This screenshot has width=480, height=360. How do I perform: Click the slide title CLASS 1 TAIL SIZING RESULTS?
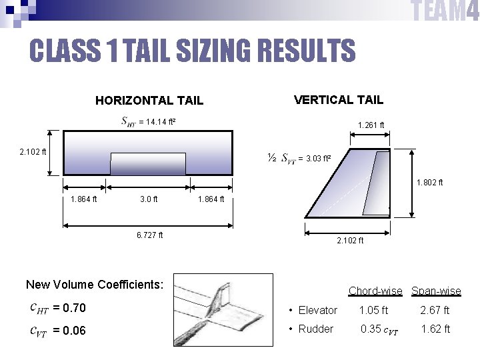[x=192, y=50]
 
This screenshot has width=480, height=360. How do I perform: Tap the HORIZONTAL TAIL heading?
[x=149, y=101]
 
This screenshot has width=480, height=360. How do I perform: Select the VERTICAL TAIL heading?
[x=339, y=100]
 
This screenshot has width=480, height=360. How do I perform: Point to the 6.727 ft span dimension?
[x=149, y=235]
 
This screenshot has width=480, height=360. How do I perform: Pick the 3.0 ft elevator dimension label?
[x=149, y=199]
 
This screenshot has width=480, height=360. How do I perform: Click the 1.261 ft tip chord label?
[x=371, y=125]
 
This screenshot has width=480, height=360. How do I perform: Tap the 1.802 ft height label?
[x=429, y=183]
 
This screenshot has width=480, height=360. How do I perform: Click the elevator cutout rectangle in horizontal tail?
[x=148, y=164]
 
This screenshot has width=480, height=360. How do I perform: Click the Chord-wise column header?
[x=375, y=291]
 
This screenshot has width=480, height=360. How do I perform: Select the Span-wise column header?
[x=436, y=291]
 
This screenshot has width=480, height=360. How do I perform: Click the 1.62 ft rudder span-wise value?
[x=436, y=329]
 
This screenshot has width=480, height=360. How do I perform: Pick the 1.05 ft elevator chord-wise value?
[x=373, y=310]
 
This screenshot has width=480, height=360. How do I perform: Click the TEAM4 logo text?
[x=445, y=11]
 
